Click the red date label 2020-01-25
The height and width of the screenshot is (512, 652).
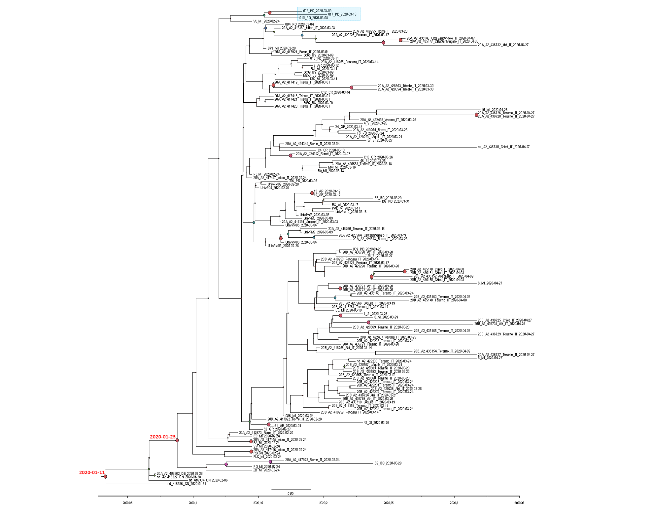pos(163,437)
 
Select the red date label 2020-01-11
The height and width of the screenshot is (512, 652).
pos(92,472)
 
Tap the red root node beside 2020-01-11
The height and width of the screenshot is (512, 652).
pos(105,477)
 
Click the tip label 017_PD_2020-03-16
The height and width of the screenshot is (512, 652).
pos(342,14)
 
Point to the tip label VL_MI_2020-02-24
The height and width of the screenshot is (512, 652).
pos(266,21)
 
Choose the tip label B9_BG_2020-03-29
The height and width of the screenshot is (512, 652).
pos(388,463)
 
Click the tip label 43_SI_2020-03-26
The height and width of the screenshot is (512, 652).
pos(376,422)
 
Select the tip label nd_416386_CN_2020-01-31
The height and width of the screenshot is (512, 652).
pos(187,484)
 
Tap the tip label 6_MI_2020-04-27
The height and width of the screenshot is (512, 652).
pos(490,283)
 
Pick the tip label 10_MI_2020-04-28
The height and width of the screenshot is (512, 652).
pos(495,110)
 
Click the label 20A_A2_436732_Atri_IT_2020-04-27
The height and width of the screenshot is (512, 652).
pos(503,45)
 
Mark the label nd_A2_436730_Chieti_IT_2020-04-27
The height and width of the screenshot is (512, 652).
pos(504,147)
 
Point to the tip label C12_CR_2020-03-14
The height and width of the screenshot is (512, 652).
pos(335,93)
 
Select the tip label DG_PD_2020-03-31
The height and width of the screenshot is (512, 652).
pos(395,201)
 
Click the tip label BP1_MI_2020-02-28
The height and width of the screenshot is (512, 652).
pos(281,48)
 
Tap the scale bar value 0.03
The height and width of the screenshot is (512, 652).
pos(290,493)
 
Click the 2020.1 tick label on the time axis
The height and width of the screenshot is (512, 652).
pos(193,503)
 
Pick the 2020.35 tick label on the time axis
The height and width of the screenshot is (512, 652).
pos(519,503)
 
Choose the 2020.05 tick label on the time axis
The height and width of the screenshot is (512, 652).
pos(127,503)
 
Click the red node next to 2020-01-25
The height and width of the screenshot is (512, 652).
pos(177,440)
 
